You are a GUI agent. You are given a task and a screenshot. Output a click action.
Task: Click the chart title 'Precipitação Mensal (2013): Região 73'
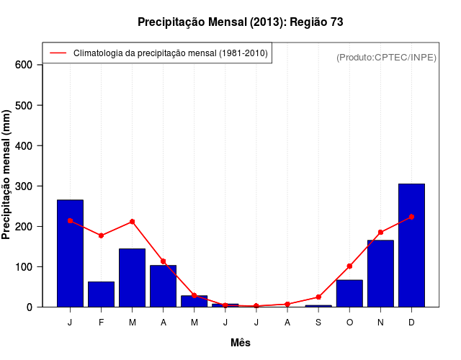pos(241,22)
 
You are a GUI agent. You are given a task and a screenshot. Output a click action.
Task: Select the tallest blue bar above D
pos(411,246)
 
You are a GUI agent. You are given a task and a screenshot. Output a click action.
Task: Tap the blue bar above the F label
pos(101,294)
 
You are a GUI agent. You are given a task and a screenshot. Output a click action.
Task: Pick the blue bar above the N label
pos(380,274)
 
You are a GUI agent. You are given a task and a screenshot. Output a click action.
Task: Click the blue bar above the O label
pos(349,293)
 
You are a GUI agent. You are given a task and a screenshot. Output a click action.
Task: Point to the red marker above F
pos(101,235)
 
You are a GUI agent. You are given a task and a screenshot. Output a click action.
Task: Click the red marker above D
pos(411,217)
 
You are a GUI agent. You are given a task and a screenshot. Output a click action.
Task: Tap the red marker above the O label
pos(349,266)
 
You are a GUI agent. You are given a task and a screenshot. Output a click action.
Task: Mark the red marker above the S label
pos(318,297)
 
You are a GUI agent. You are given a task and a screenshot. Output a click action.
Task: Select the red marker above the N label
pos(380,233)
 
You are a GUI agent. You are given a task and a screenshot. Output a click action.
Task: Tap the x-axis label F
pos(101,322)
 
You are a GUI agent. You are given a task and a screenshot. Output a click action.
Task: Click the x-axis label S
pos(318,322)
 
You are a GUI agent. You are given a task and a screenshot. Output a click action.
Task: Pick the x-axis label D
pos(411,322)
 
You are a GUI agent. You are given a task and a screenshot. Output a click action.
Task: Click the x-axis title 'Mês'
pos(241,343)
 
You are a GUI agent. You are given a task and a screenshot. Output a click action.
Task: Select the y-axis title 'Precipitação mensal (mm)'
pos(7,180)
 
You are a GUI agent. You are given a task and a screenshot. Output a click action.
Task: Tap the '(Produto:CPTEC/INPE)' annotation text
pos(386,57)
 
